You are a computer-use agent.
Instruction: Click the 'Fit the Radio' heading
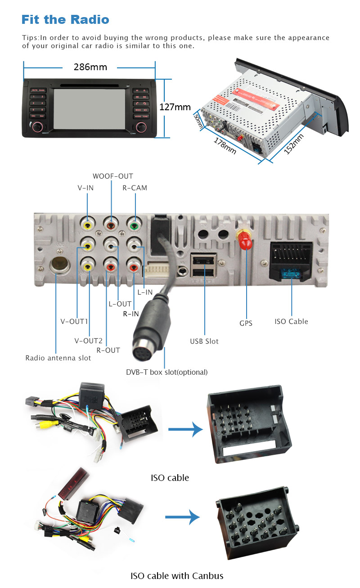click(x=65, y=20)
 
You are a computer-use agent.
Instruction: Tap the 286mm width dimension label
click(x=90, y=67)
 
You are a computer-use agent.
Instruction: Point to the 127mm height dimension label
click(x=175, y=108)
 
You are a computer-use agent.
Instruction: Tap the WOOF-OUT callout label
click(x=112, y=176)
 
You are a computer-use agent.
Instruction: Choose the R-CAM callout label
click(x=135, y=188)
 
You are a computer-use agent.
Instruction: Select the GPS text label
click(x=246, y=323)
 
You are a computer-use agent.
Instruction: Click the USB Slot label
click(x=204, y=341)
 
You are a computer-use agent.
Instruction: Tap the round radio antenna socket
click(x=58, y=265)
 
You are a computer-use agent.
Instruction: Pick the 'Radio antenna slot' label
click(x=58, y=358)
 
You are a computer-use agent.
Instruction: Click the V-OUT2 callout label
click(x=89, y=340)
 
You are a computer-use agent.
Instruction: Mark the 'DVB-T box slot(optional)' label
click(x=166, y=372)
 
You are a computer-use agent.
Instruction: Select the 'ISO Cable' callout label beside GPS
click(x=292, y=321)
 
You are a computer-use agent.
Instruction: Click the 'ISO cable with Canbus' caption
click(x=177, y=575)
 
